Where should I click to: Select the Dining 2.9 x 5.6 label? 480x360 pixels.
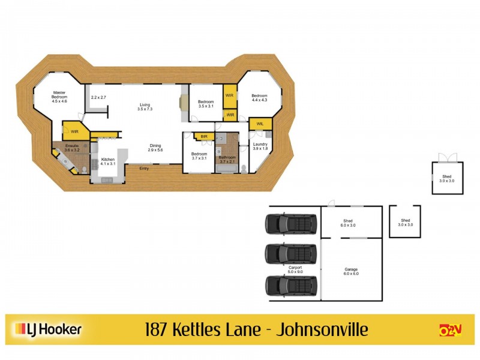pyautogui.click(x=155, y=147)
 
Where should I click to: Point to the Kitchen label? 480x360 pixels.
pyautogui.click(x=107, y=161)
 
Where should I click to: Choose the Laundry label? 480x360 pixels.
pyautogui.click(x=260, y=146)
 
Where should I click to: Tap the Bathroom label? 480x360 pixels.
pyautogui.click(x=227, y=159)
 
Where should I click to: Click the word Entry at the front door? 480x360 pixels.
pyautogui.click(x=144, y=169)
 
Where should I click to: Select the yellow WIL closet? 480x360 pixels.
pyautogui.click(x=260, y=124)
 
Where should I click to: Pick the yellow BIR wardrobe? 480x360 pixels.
pyautogui.click(x=204, y=137)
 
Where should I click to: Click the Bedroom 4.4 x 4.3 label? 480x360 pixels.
pyautogui.click(x=259, y=98)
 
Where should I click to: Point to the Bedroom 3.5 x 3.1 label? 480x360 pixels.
pyautogui.click(x=205, y=104)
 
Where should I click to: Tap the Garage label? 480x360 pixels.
pyautogui.click(x=351, y=271)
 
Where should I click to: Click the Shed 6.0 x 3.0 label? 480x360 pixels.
pyautogui.click(x=349, y=223)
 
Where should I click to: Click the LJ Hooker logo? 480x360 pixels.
pyautogui.click(x=48, y=329)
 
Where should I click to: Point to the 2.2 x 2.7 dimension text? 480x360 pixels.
pyautogui.click(x=98, y=97)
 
